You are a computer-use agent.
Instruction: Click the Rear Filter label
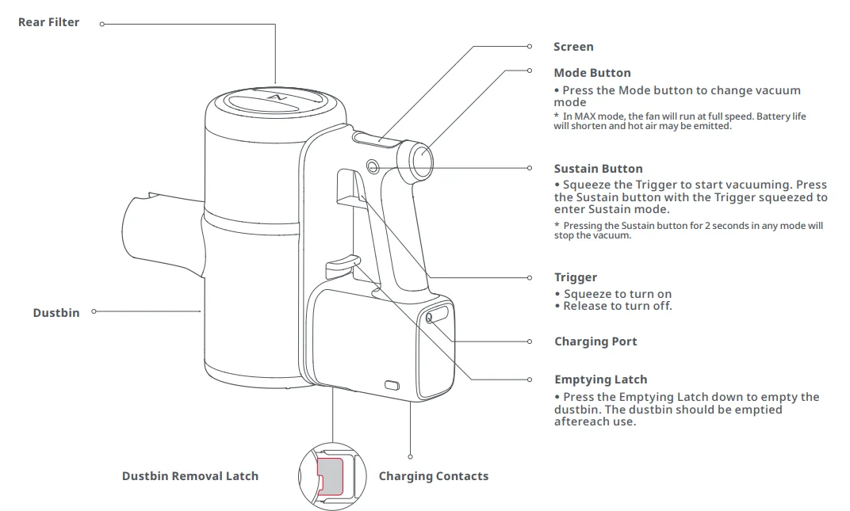tap(48, 23)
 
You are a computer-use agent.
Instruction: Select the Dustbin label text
tap(56, 313)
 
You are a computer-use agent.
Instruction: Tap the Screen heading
tap(573, 47)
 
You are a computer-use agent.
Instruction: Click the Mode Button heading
tap(592, 73)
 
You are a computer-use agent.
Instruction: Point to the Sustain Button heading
tap(598, 169)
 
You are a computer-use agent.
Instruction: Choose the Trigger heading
tap(576, 277)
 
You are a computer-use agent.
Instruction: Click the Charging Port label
tap(595, 341)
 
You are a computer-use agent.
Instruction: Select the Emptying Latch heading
tap(600, 379)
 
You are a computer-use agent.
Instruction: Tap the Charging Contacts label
tap(434, 476)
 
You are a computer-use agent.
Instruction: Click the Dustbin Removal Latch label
tap(190, 476)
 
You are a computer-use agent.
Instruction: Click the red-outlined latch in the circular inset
tap(331, 477)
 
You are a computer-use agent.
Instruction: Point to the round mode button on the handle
tap(421, 159)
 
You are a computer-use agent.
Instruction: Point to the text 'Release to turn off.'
tap(617, 306)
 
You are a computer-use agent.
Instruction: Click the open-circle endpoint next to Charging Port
tap(530, 341)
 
